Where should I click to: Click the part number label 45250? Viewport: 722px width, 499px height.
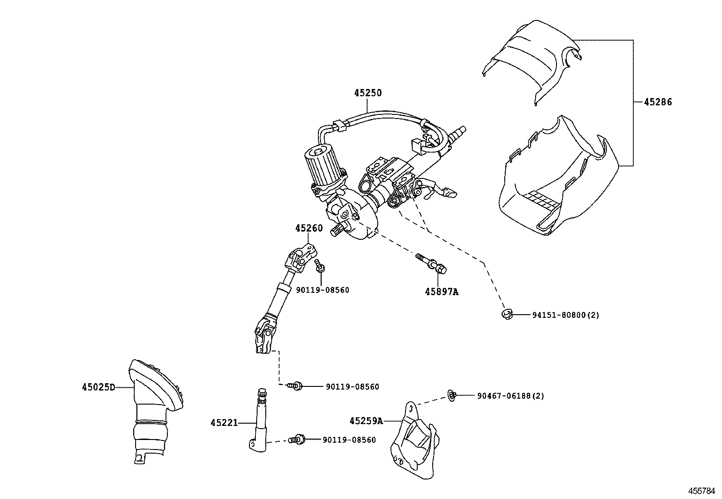click(x=368, y=93)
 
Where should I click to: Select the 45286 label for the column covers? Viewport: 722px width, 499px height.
click(x=658, y=102)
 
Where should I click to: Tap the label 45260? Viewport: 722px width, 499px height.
click(x=309, y=228)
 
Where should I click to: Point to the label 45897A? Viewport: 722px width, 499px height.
click(x=441, y=292)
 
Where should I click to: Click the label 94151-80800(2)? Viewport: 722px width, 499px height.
click(x=566, y=315)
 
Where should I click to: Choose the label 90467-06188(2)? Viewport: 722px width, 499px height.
click(x=510, y=396)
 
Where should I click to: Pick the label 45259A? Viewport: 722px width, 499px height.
click(x=366, y=421)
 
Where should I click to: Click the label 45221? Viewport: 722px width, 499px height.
click(x=224, y=423)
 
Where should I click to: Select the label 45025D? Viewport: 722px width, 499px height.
click(x=98, y=387)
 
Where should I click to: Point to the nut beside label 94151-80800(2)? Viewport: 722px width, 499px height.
click(x=507, y=313)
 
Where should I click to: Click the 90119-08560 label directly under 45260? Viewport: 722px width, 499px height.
click(x=322, y=290)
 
